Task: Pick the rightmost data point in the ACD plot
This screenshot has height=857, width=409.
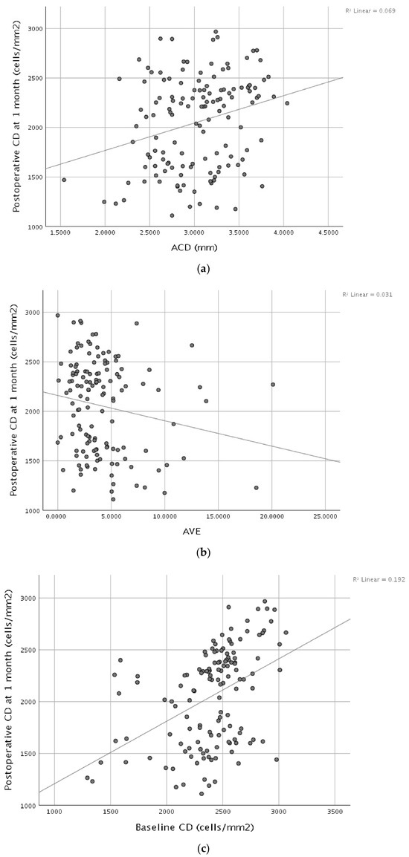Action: click(287, 102)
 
